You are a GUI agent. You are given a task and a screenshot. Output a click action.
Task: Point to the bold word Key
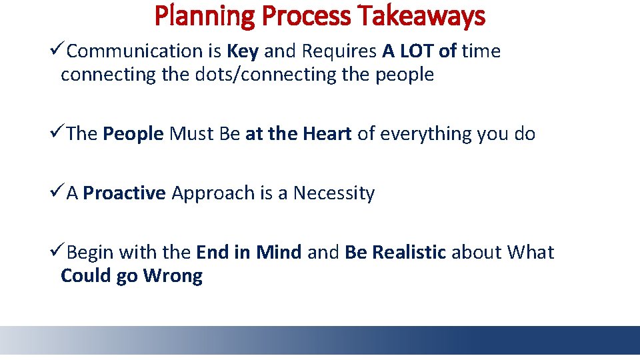[x=243, y=51]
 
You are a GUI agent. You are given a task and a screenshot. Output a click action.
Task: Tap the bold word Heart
[x=327, y=134]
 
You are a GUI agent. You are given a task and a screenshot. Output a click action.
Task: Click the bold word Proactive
[x=125, y=193]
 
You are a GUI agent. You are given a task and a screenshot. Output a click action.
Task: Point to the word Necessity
[x=334, y=193]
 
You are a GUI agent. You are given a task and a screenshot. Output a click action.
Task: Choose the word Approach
[x=213, y=193]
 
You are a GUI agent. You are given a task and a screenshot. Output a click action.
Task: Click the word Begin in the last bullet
[x=90, y=253]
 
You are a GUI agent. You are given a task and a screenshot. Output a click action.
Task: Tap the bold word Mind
[x=279, y=253]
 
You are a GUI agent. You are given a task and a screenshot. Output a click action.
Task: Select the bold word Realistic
[x=408, y=253]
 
